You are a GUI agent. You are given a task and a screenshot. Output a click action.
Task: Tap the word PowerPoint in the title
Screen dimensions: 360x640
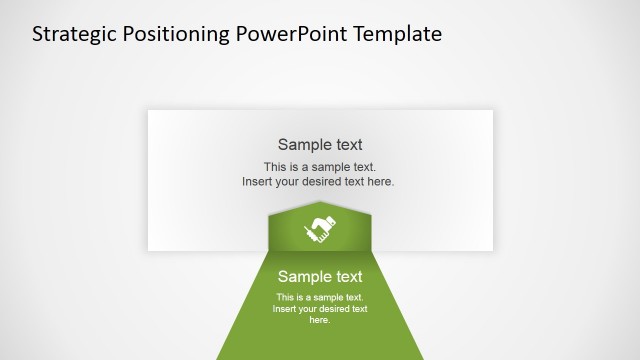290,34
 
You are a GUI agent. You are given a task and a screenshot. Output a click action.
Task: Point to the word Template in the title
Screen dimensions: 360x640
396,34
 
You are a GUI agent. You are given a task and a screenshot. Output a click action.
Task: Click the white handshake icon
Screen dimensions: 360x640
320,230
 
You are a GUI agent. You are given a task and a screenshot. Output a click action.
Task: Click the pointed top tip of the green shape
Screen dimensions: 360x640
320,202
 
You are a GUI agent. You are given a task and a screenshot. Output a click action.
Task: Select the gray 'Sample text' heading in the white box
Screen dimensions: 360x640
320,144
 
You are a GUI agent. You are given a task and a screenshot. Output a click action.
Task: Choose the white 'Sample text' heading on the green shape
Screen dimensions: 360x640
320,277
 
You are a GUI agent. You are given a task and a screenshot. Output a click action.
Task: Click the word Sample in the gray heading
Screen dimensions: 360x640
303,144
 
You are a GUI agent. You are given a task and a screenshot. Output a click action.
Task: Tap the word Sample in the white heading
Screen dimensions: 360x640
303,277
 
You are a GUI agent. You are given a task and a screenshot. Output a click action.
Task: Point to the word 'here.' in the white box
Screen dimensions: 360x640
380,182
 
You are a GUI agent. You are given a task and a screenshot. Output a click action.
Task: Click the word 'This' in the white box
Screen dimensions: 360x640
275,167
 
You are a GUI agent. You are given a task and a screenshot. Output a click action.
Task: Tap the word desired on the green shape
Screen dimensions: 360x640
333,309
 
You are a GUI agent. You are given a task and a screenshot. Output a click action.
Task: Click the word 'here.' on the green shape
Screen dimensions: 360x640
320,320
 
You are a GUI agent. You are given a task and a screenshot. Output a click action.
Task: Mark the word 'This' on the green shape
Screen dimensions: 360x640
285,298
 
